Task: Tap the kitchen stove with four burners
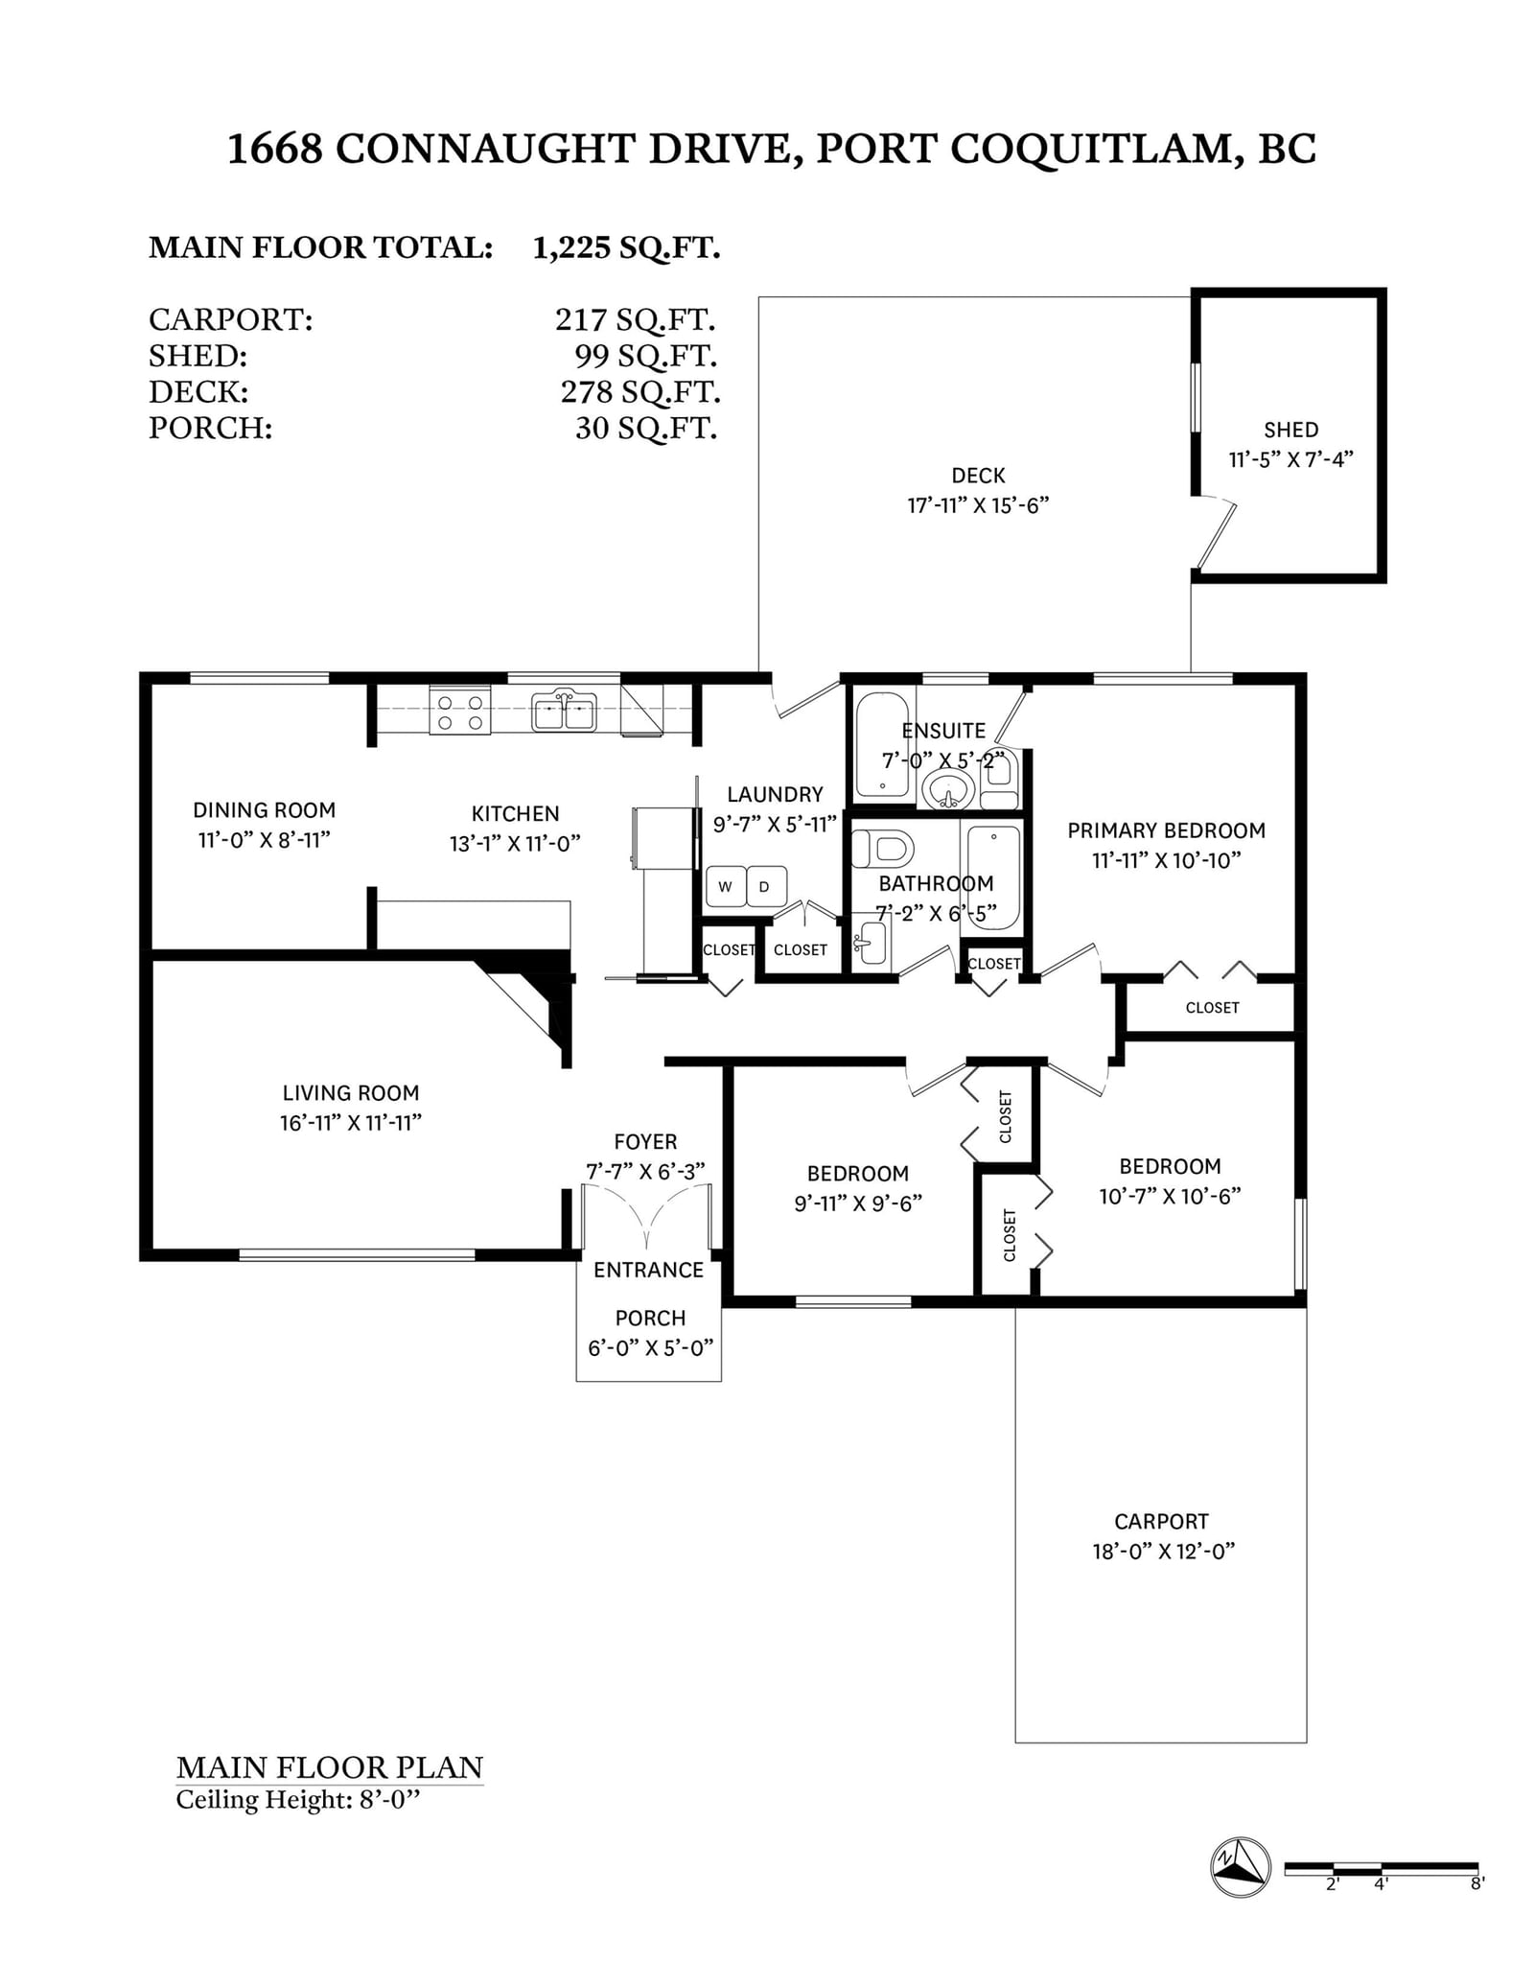click(459, 712)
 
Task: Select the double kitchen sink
click(565, 712)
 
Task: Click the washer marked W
click(725, 887)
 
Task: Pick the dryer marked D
click(765, 887)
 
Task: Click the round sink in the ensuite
click(949, 791)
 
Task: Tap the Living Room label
click(351, 1092)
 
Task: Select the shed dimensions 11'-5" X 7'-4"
click(1290, 459)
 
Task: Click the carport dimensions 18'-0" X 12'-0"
click(1163, 1551)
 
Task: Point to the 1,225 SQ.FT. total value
click(626, 247)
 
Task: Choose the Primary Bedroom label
click(1167, 830)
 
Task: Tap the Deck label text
click(978, 476)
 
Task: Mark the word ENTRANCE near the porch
click(648, 1270)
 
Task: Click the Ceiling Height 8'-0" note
click(298, 1800)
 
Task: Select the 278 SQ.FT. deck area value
click(640, 391)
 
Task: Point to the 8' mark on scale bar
click(1477, 1883)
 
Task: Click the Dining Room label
click(265, 810)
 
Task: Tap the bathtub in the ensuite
click(881, 745)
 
